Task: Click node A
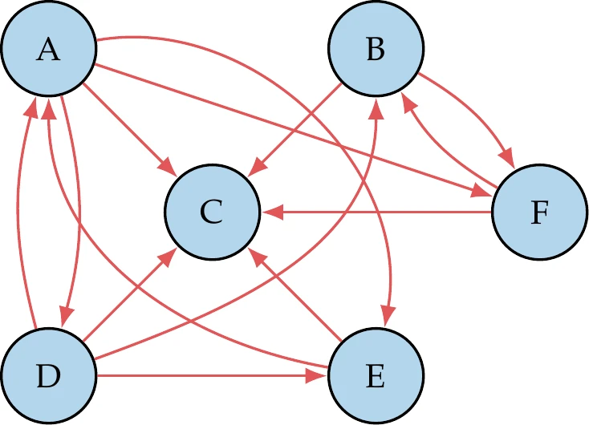coord(49,50)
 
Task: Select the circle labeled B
coord(374,50)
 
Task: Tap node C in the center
coord(212,212)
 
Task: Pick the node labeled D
coord(49,375)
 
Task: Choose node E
coord(374,375)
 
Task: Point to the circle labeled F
coord(538,212)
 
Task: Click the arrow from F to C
coord(377,212)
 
